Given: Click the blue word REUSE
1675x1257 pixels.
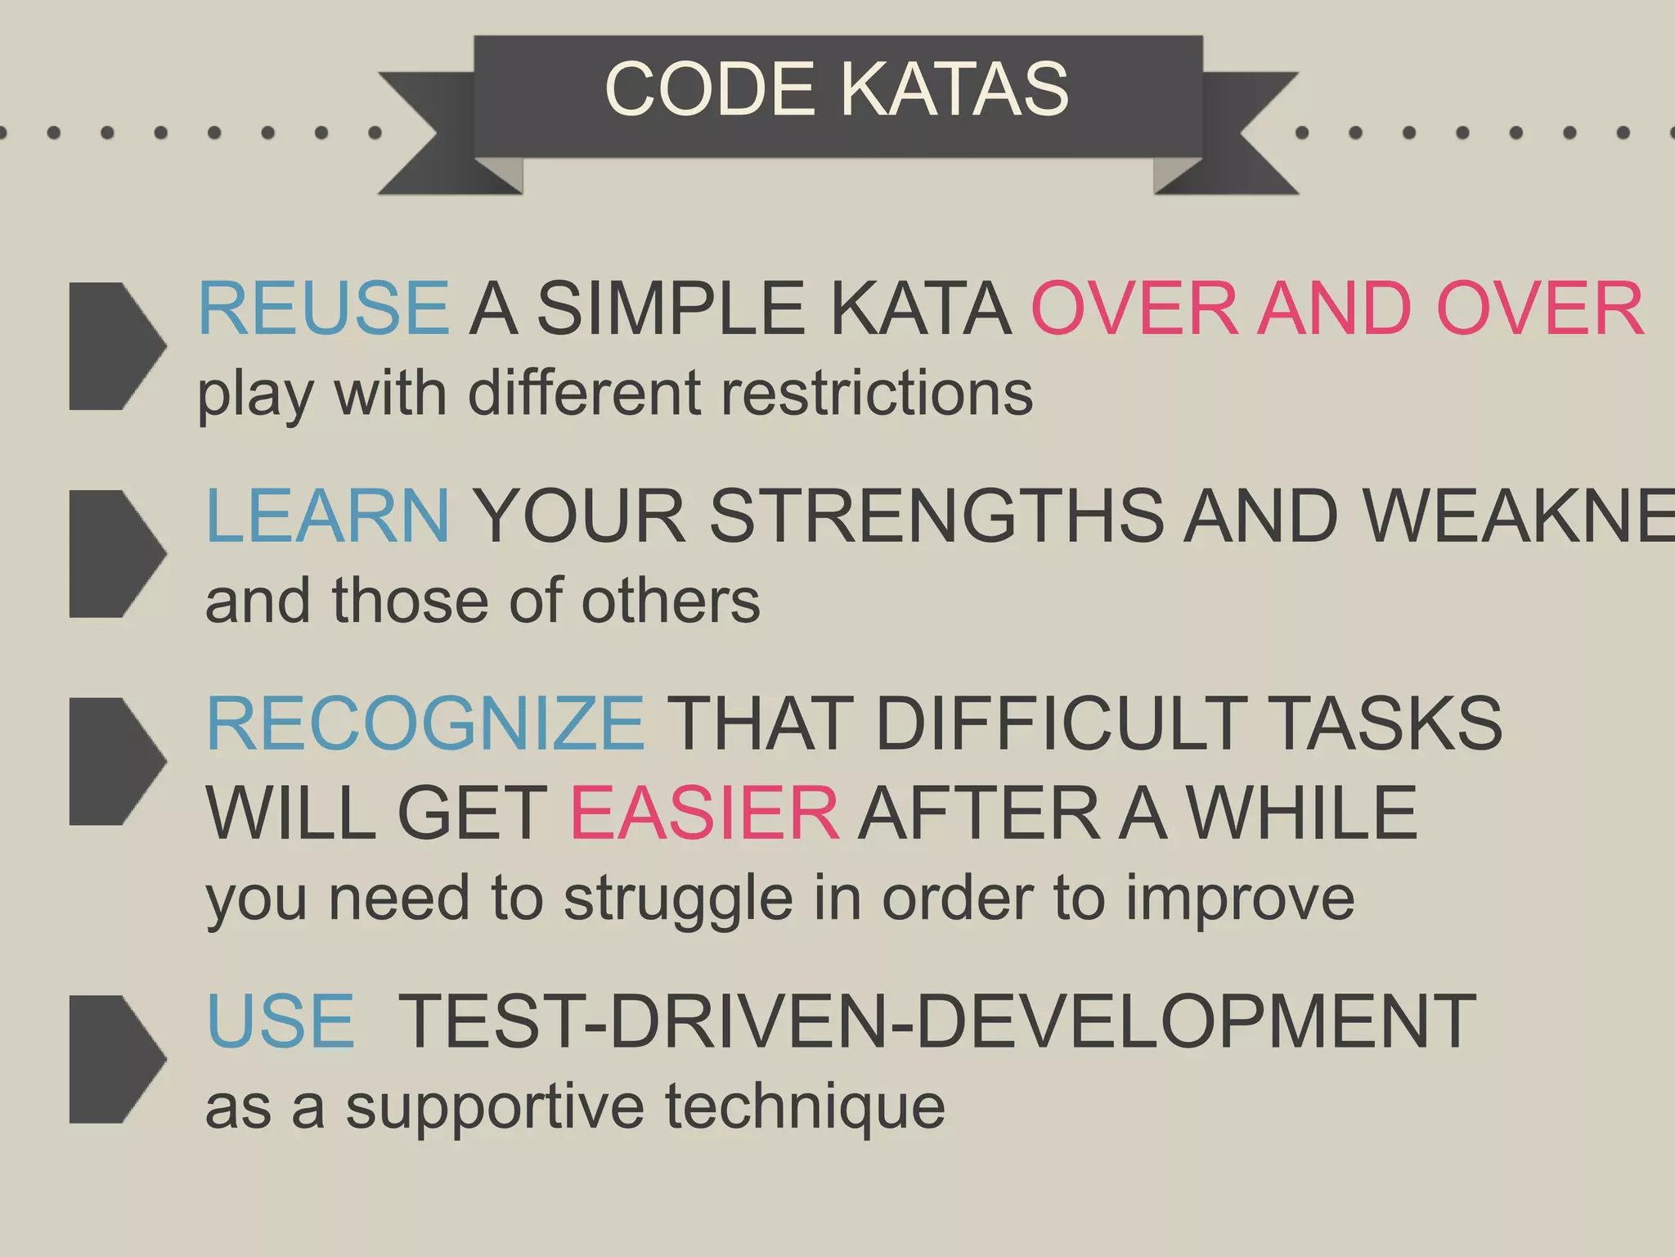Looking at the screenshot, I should coord(323,309).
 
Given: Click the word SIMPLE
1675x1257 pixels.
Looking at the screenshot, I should coord(671,309).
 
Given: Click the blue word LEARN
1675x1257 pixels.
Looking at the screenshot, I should coord(327,516).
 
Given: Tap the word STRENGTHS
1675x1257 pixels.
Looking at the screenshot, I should coord(936,516).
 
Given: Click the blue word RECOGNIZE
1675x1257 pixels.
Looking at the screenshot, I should coord(425,723).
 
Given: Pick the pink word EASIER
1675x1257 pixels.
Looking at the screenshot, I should coord(704,813).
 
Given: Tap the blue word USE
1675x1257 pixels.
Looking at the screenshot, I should coord(281,1020).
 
